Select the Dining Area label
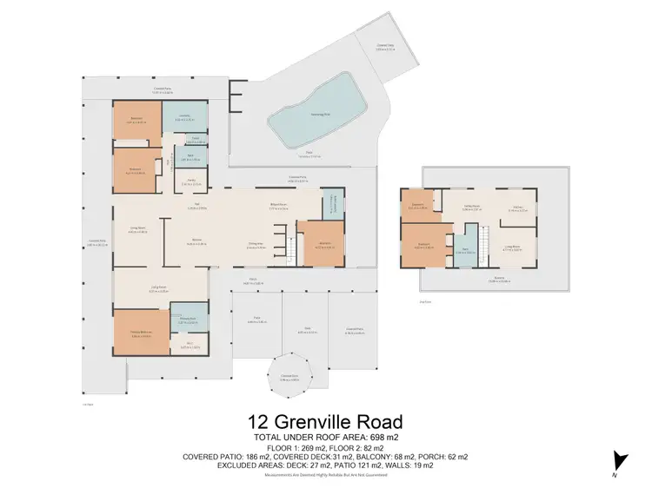[x=256, y=244]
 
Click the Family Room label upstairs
[x=471, y=209]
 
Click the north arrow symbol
[x=619, y=461]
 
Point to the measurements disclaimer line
[x=326, y=475]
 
